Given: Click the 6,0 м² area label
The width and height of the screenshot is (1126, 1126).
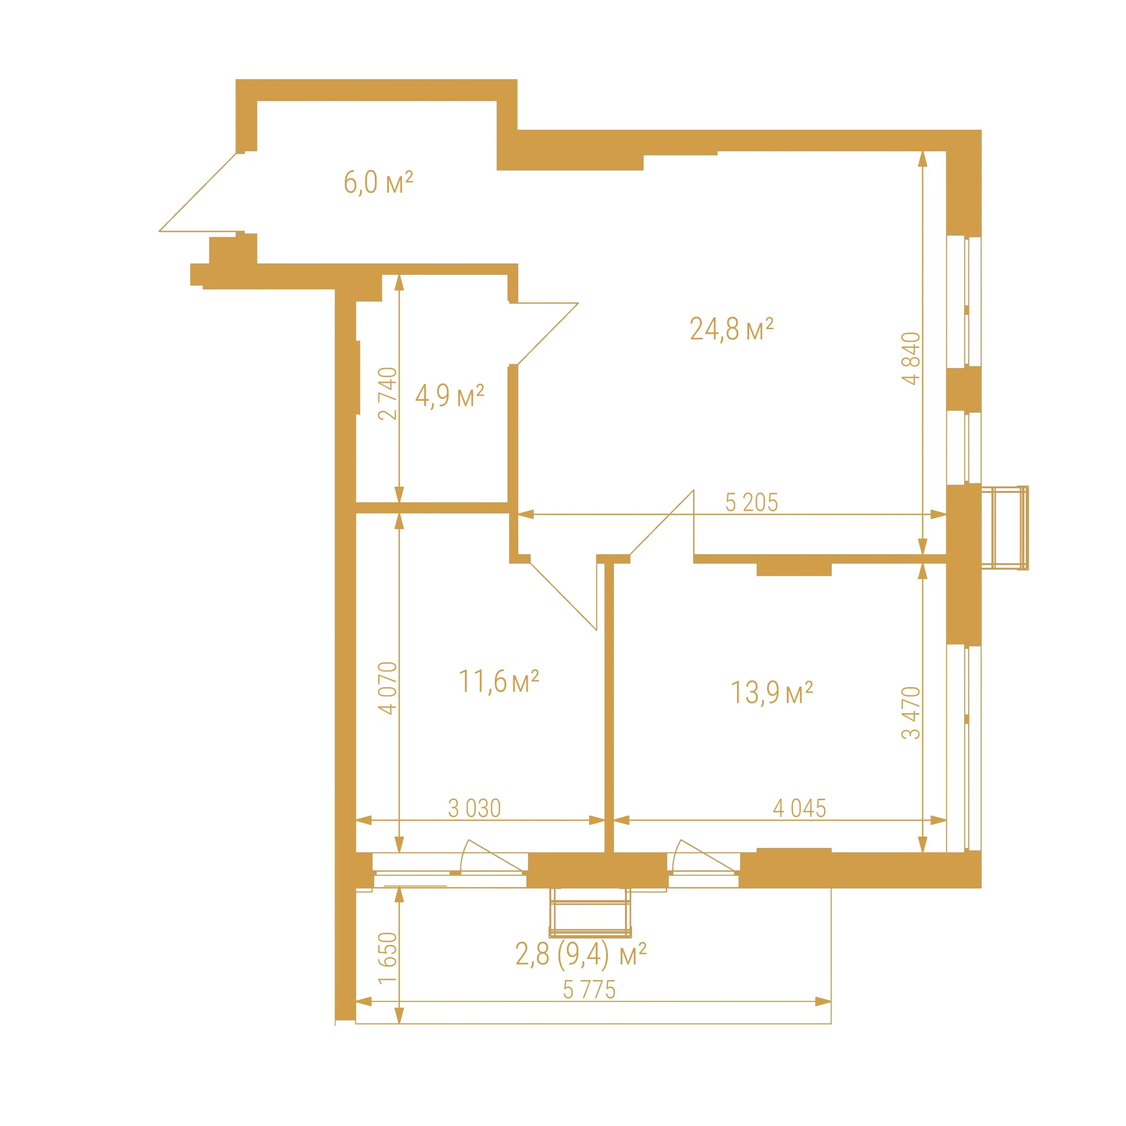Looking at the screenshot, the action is tap(378, 183).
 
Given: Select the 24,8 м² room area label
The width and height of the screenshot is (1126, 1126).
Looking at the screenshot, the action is tap(731, 329).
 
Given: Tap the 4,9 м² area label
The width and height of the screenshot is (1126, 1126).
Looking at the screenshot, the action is tap(450, 396).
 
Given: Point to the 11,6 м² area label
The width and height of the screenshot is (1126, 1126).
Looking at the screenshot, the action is tap(499, 681).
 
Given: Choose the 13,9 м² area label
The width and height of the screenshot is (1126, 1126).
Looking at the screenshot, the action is tap(771, 692).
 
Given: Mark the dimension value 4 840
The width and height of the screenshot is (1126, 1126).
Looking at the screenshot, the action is tap(910, 358).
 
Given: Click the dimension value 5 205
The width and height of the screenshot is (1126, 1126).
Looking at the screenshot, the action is tap(751, 502).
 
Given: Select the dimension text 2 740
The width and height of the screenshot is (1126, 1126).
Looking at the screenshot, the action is tap(387, 393).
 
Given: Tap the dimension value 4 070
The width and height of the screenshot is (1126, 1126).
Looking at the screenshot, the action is tap(387, 688).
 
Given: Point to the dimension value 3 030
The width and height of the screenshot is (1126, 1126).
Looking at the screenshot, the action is tap(475, 808).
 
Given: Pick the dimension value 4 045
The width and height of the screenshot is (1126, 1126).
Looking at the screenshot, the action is tap(800, 808).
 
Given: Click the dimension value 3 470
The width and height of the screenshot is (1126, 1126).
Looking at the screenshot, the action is tap(910, 713).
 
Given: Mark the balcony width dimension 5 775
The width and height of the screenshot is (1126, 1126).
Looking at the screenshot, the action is tap(589, 990).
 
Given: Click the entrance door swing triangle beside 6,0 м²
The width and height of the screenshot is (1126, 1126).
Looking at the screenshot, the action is tap(198, 192).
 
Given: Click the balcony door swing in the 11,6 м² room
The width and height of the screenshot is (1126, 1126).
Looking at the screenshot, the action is tap(493, 856).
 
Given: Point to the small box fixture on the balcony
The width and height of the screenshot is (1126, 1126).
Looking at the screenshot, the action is tap(590, 913).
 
